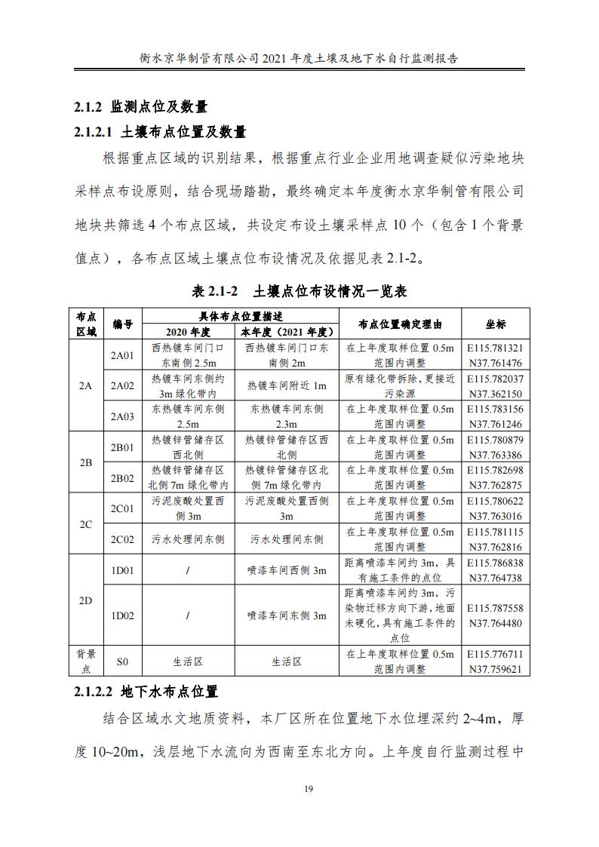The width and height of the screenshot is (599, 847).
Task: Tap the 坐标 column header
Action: pyautogui.click(x=495, y=324)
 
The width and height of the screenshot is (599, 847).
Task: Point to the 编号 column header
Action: pyautogui.click(x=122, y=324)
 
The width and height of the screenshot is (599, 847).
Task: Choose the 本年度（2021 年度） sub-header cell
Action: pyautogui.click(x=287, y=332)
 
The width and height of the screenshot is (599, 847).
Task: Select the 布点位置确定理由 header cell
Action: pyautogui.click(x=399, y=324)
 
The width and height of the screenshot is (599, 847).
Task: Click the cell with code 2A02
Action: pyautogui.click(x=122, y=385)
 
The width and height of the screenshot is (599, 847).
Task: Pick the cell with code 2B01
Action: pyautogui.click(x=122, y=447)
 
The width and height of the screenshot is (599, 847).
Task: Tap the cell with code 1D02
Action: pyautogui.click(x=122, y=615)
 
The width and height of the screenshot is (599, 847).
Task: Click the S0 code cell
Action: pyautogui.click(x=122, y=661)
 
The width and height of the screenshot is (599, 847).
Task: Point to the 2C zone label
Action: pyautogui.click(x=85, y=523)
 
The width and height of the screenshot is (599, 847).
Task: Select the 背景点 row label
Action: pyautogui.click(x=85, y=661)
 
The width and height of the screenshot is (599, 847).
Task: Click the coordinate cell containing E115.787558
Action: pyautogui.click(x=495, y=615)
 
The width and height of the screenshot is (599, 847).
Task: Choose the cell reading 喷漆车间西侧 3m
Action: pyautogui.click(x=287, y=570)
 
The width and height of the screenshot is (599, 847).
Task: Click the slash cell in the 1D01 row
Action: pyautogui.click(x=188, y=570)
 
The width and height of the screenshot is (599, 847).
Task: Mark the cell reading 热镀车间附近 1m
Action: pyautogui.click(x=287, y=385)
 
